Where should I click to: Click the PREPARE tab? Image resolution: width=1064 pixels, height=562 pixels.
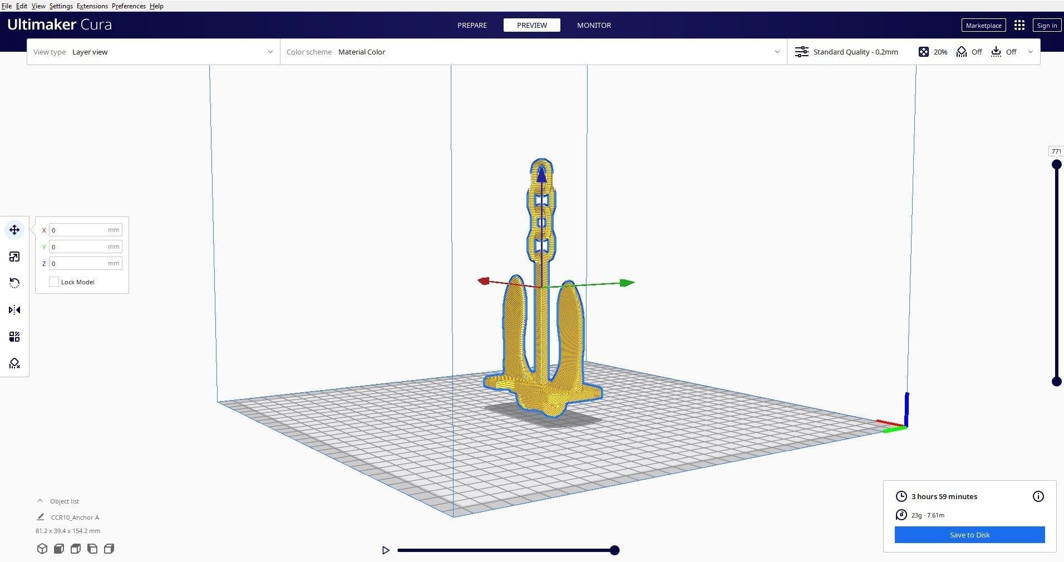pos(472,25)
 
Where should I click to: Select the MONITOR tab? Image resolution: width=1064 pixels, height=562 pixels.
pos(594,25)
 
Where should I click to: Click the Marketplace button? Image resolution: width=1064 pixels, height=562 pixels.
pos(983,25)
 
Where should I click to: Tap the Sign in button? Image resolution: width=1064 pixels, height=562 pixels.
pos(1047,25)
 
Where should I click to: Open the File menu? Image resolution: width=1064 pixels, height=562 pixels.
pos(7,6)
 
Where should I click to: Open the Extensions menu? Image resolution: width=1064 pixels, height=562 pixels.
pos(92,6)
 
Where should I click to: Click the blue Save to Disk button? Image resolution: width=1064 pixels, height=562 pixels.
pos(969,535)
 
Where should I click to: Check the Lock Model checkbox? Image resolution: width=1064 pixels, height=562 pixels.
pos(54,282)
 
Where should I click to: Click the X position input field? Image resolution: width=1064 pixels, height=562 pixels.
pos(78,230)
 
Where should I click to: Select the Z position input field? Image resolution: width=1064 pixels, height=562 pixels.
pos(78,263)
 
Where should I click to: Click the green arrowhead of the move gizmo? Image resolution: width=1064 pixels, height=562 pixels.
pos(627,283)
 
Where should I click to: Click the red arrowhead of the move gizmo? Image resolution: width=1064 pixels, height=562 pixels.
pos(484,281)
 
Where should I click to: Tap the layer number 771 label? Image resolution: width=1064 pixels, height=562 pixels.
pos(1056,151)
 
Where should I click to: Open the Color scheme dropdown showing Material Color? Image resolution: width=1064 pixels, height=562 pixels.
pos(533,52)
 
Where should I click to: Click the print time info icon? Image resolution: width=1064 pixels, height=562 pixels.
pos(1038,496)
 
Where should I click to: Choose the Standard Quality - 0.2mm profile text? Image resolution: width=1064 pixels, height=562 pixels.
pos(855,52)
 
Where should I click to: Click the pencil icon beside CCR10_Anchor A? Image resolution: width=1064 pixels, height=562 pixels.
pos(41,517)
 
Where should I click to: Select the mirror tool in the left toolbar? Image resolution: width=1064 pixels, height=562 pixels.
pos(14,310)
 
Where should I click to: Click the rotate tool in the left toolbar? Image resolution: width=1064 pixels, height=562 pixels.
pos(14,283)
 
